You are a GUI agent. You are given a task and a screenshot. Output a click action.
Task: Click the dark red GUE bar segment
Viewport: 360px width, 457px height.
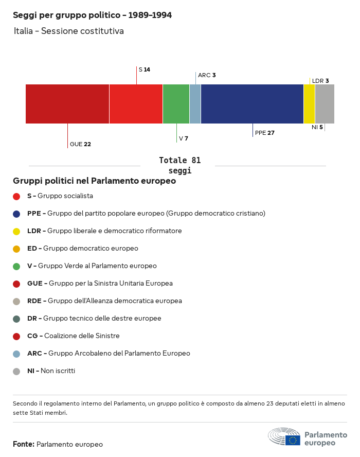coord(67,104)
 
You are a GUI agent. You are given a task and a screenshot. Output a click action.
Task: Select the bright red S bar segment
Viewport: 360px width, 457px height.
coord(136,104)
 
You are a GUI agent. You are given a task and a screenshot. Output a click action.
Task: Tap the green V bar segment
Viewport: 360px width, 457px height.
coord(176,104)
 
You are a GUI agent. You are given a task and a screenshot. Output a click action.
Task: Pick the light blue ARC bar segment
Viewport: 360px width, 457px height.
coord(195,104)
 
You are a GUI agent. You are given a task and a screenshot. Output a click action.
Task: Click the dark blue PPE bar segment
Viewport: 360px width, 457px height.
coord(252,104)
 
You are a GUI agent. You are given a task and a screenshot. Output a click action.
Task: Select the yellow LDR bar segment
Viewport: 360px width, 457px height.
coord(309,104)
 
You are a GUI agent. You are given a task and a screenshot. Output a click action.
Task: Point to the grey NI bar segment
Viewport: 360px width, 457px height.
coord(325,104)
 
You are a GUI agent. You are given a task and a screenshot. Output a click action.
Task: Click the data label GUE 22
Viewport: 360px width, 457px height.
coord(80,144)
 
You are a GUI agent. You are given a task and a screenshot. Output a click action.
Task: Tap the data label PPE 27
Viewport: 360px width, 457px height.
coord(264,133)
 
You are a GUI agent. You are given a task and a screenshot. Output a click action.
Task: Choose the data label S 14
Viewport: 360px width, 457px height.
coord(144,69)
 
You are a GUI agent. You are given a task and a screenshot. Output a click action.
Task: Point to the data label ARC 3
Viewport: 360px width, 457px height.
coord(207,75)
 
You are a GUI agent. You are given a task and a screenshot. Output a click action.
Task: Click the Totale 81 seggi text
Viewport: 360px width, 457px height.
coord(179,166)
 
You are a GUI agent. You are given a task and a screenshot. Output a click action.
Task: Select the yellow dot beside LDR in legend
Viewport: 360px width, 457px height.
coord(16,231)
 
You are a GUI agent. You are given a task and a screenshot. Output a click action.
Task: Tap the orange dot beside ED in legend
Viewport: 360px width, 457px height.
coord(16,249)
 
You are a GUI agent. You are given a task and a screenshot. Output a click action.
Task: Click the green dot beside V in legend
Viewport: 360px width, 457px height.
coord(16,266)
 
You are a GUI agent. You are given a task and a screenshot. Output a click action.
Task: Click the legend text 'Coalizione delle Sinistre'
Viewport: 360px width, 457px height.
coord(81,336)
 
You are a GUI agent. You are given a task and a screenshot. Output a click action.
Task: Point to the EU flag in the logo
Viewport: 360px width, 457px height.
coord(293,440)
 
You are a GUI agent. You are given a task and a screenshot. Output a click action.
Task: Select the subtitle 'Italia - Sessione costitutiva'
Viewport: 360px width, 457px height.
coord(69,31)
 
